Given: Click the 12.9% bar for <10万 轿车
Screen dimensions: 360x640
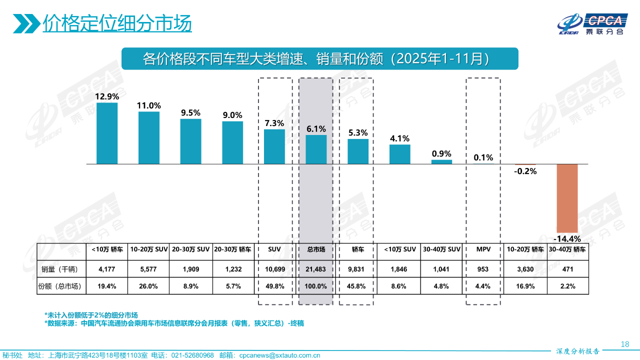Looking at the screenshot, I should (x=107, y=133).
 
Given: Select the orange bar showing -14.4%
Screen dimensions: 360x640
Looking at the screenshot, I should (x=567, y=197).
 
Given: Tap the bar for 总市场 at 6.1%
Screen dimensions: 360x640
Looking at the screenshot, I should (x=316, y=149).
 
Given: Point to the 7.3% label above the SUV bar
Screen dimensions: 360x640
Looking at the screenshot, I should (x=274, y=123).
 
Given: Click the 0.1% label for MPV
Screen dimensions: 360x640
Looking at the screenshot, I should (x=483, y=157).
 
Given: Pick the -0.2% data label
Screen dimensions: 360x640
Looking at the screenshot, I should (x=525, y=171).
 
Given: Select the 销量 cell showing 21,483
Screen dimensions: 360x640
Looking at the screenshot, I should (x=316, y=269).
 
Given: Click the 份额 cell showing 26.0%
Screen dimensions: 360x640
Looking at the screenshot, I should (x=149, y=286).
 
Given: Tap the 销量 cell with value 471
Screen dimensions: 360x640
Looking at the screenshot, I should (x=567, y=269).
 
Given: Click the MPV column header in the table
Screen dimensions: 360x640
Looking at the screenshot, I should (x=483, y=249).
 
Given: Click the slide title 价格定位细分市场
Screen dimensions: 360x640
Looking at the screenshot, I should (x=117, y=23).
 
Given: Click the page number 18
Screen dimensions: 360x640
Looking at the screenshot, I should (x=624, y=344).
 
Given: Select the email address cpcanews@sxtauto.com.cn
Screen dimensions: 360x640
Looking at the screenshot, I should (x=279, y=355).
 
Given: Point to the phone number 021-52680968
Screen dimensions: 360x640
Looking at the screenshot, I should (x=192, y=355).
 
